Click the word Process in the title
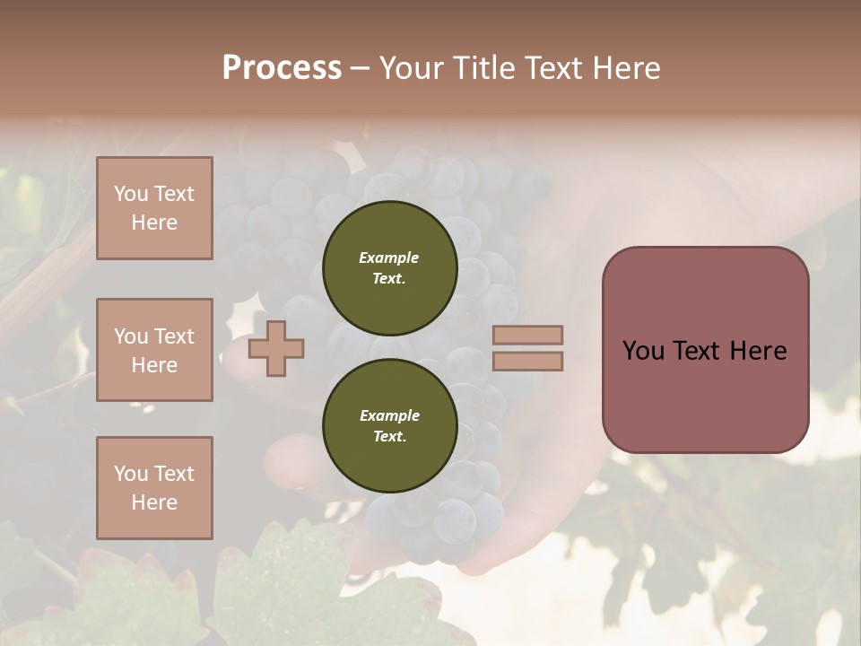point(282,68)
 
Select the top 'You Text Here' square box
point(154,208)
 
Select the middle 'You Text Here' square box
point(154,350)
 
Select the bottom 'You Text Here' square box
point(154,488)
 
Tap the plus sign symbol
point(276,348)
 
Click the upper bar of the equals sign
point(527,335)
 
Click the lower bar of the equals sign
point(527,362)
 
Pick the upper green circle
point(389,268)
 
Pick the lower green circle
point(389,426)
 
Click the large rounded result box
point(705,350)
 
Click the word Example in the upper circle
point(389,258)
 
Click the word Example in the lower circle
point(389,415)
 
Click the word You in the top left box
point(131,194)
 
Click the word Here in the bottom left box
point(154,502)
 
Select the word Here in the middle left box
point(154,365)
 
